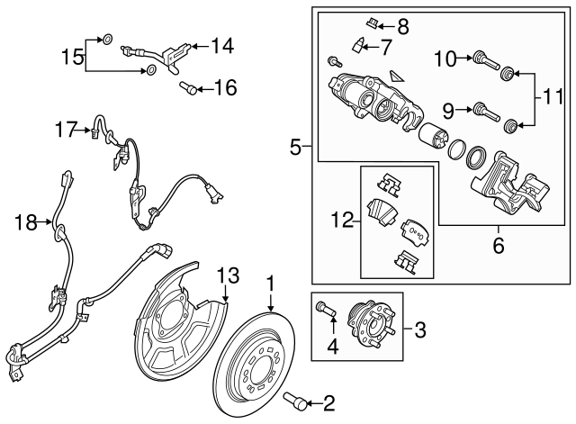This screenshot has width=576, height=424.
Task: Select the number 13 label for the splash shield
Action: pos(229,275)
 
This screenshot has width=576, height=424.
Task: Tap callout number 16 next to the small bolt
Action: pos(225,87)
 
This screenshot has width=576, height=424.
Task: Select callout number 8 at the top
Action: pos(401,25)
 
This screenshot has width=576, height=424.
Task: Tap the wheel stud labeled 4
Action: pos(325,311)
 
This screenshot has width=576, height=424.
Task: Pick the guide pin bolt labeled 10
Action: pos(486,61)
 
